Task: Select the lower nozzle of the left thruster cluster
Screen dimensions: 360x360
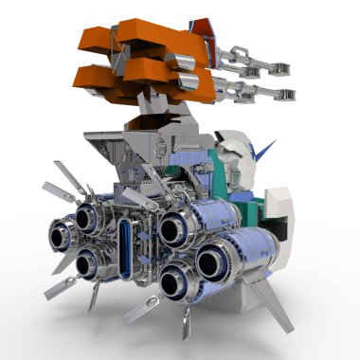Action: (91, 261)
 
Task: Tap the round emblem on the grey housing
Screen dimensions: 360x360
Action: (161, 148)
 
